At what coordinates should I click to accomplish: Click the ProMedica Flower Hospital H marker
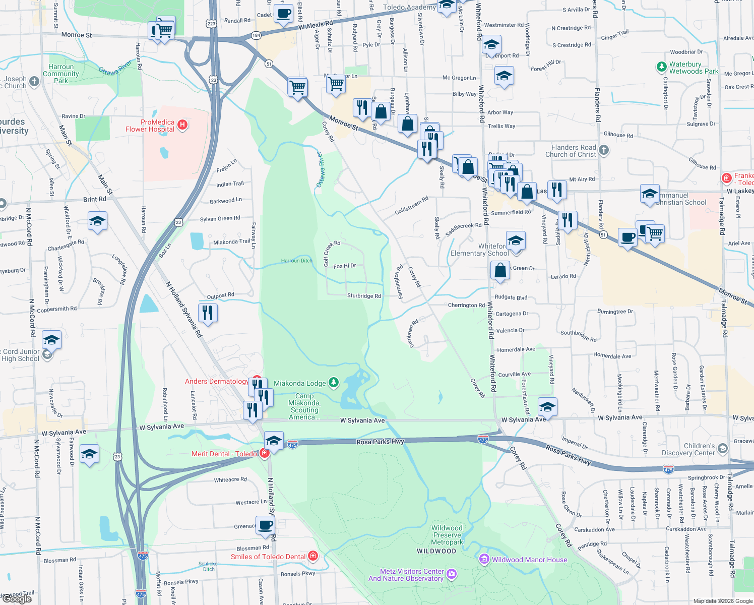pos(183,125)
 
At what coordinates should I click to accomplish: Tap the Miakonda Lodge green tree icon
pos(334,383)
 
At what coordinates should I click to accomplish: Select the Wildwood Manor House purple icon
pos(484,559)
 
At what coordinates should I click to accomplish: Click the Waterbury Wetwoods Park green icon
pos(662,67)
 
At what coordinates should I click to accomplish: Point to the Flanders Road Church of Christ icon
pos(604,150)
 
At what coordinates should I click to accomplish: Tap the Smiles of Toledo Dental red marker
pos(313,556)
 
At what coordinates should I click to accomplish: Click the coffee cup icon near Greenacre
pos(265,525)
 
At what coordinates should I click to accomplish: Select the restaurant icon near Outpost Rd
pos(207,313)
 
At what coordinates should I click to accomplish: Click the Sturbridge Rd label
pos(364,296)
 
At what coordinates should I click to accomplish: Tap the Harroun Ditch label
pos(296,261)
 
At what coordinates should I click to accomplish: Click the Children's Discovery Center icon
pos(723,449)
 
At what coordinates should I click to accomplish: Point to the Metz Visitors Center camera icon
pos(452,574)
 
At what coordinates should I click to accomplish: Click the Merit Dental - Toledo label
pos(224,454)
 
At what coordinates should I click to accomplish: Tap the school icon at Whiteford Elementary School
pos(515,241)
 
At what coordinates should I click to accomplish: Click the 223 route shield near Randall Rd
pos(211,24)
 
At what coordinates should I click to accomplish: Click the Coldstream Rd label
pos(411,205)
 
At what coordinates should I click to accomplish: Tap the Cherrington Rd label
pos(466,305)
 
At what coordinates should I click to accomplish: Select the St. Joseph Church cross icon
pos(34,81)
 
